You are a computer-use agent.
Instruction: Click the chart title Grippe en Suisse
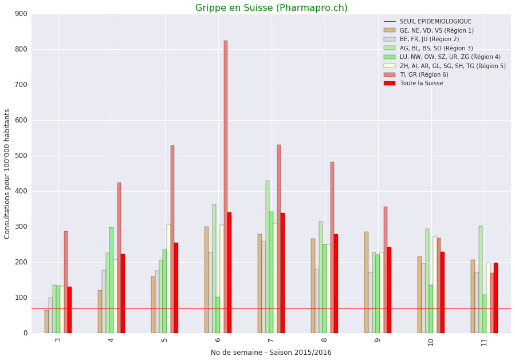(271, 8)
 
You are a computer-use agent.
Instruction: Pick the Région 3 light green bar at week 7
(268, 257)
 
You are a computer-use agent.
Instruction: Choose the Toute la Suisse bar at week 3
(69, 310)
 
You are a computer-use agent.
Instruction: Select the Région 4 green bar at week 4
(111, 280)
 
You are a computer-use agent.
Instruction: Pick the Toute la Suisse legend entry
(421, 84)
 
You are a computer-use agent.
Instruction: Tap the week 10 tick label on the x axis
(431, 342)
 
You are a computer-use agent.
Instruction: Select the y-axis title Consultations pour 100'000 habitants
(7, 173)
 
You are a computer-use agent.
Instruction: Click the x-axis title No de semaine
(271, 353)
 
